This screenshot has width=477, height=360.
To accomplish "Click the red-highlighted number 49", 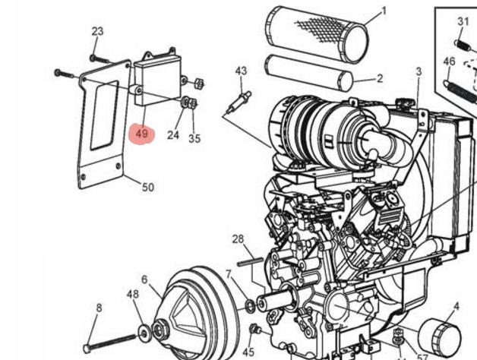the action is [x=142, y=133].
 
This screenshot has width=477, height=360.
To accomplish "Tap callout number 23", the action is [x=98, y=31].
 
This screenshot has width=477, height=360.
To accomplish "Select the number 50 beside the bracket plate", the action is [x=148, y=187].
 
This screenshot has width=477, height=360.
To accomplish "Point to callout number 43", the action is [x=241, y=71].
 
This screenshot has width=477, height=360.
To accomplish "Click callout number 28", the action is [x=238, y=239].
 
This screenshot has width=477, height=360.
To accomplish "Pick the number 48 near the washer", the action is [x=133, y=294].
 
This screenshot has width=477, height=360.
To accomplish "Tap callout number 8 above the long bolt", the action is [x=99, y=308].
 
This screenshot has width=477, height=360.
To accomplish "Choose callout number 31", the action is [x=463, y=21].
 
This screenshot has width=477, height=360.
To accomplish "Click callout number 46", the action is [x=449, y=62].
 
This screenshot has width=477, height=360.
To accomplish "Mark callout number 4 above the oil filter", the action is [x=456, y=306].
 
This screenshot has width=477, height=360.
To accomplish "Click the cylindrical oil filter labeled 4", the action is [x=440, y=336].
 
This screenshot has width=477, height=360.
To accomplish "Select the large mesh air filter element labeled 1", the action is [x=317, y=34].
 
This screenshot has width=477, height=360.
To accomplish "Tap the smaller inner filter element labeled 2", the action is [x=309, y=73].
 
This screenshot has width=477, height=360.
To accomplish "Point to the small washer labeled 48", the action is [x=144, y=333].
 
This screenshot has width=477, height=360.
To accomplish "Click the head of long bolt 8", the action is [x=87, y=348].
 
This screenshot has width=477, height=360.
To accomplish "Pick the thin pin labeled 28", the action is [x=251, y=262].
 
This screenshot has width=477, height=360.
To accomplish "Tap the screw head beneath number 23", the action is [x=93, y=57].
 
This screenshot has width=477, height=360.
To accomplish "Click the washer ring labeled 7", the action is [x=250, y=305].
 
